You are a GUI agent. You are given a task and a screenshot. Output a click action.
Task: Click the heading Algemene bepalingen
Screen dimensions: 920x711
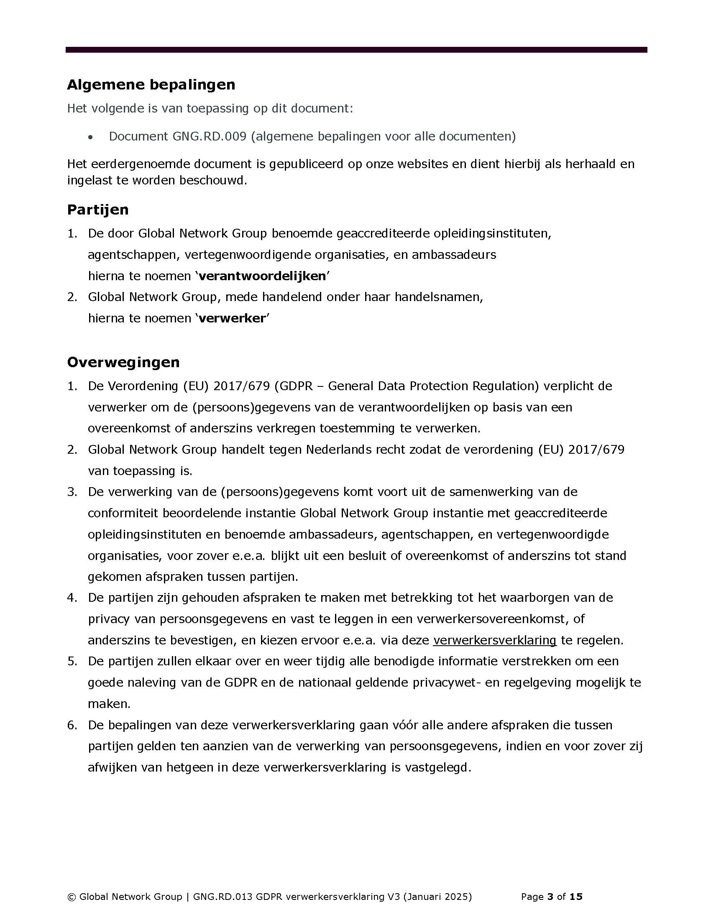coord(151,84)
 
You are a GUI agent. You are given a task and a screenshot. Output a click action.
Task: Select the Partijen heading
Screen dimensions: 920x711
coord(98,210)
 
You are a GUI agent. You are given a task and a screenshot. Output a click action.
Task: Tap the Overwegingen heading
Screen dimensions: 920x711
coord(123,362)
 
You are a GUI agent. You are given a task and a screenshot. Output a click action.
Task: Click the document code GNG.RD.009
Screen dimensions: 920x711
coord(209,136)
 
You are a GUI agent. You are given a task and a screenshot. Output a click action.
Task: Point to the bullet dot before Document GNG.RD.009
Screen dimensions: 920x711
coord(90,137)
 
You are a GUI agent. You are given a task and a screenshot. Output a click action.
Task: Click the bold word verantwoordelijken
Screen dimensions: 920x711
coord(262,276)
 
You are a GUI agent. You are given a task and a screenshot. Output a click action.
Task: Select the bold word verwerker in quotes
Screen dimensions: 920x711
coord(232,319)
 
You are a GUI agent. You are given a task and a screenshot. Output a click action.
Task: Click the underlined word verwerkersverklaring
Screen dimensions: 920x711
coord(494,640)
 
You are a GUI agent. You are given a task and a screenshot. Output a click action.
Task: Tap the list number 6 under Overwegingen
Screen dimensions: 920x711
coord(72,725)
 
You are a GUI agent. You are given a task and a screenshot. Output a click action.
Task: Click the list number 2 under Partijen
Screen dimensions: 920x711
coord(72,297)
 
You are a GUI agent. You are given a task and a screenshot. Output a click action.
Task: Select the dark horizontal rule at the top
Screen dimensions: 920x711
coord(356,50)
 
